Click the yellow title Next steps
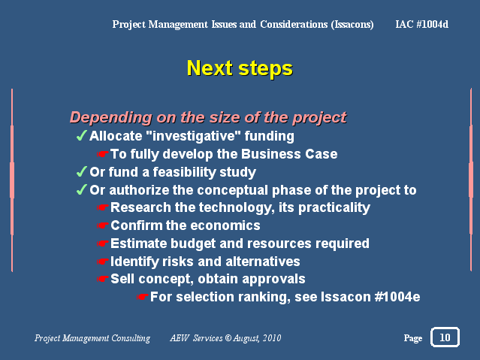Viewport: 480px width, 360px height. (240, 68)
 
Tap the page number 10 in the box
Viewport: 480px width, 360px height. (445, 337)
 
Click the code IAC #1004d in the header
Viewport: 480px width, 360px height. (422, 24)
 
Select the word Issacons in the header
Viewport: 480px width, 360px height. (352, 24)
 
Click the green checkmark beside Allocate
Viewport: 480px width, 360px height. (81, 135)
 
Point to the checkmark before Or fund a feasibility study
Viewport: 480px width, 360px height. (81, 171)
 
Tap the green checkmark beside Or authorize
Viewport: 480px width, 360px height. (81, 189)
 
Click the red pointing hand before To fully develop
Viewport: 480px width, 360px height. (103, 154)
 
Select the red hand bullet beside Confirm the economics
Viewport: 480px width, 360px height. (103, 225)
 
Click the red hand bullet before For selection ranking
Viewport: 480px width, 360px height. (142, 297)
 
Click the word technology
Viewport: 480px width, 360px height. (237, 207)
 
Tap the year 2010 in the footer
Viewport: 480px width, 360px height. (272, 338)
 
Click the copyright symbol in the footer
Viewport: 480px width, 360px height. (228, 338)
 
